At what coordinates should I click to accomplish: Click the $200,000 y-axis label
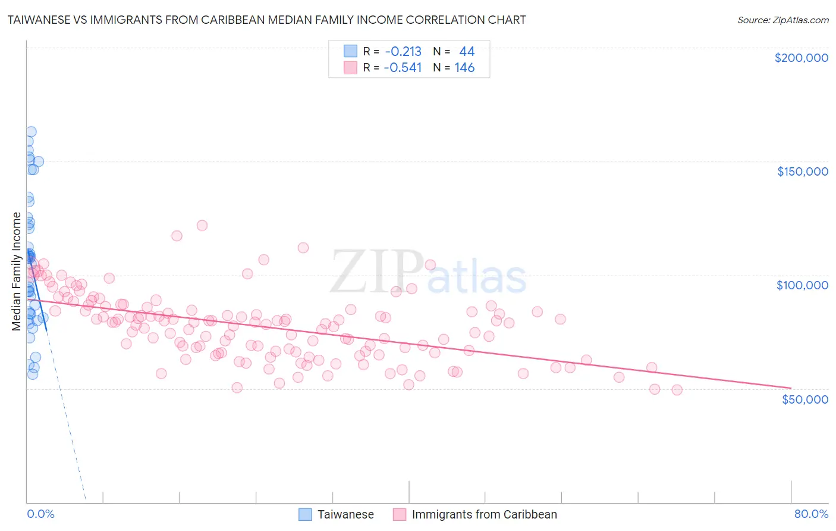point(801,58)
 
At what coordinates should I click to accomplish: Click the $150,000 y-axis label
point(802,171)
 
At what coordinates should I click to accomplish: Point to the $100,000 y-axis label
point(802,285)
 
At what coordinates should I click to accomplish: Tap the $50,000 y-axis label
point(804,399)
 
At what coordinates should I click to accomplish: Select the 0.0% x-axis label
point(40,514)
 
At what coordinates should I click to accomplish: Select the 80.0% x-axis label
point(811,514)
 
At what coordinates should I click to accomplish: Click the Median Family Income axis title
point(17,271)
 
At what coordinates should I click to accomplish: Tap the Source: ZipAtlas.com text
point(782,20)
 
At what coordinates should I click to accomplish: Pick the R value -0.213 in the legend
point(403,51)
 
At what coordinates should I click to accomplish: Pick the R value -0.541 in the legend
point(403,68)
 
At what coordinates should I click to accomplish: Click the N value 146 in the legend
point(464,68)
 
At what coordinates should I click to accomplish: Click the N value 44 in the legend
point(466,51)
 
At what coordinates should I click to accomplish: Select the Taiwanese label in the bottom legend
point(345,514)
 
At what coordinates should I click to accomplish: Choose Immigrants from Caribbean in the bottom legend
point(484,514)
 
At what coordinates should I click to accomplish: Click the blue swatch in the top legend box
point(351,51)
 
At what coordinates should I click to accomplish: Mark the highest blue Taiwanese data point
point(31,132)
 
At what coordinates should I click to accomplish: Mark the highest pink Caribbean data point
point(202,226)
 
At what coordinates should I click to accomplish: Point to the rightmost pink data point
point(677,390)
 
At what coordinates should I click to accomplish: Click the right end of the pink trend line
point(791,388)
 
